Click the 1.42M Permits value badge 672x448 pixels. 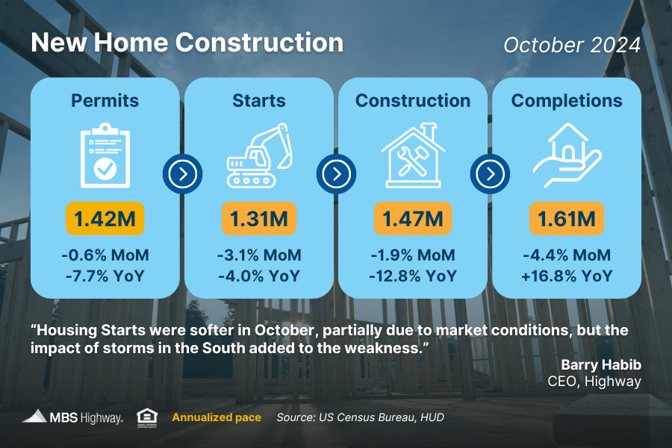pyautogui.click(x=105, y=219)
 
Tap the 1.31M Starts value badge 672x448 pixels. pyautogui.click(x=259, y=219)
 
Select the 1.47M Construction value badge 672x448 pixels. pyautogui.click(x=413, y=219)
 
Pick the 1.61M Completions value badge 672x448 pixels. pyautogui.click(x=567, y=219)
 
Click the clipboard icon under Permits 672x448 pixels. pyautogui.click(x=105, y=155)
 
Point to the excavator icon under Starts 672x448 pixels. pyautogui.click(x=259, y=155)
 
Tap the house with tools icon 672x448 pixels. pyautogui.click(x=413, y=155)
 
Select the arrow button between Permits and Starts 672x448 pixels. pyautogui.click(x=183, y=174)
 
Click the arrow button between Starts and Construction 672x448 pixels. pyautogui.click(x=337, y=174)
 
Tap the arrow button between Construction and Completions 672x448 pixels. pyautogui.click(x=491, y=174)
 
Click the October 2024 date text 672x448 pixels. pyautogui.click(x=572, y=45)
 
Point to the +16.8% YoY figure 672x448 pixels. pyautogui.click(x=567, y=276)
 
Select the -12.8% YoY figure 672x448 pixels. pyautogui.click(x=413, y=276)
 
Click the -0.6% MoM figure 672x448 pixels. pyautogui.click(x=105, y=255)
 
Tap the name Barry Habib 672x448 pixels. pyautogui.click(x=601, y=364)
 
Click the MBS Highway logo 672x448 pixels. pyautogui.click(x=72, y=417)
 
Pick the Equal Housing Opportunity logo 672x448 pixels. pyautogui.click(x=147, y=418)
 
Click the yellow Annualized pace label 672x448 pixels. pyautogui.click(x=217, y=417)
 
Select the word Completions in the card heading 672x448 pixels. pyautogui.click(x=567, y=101)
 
